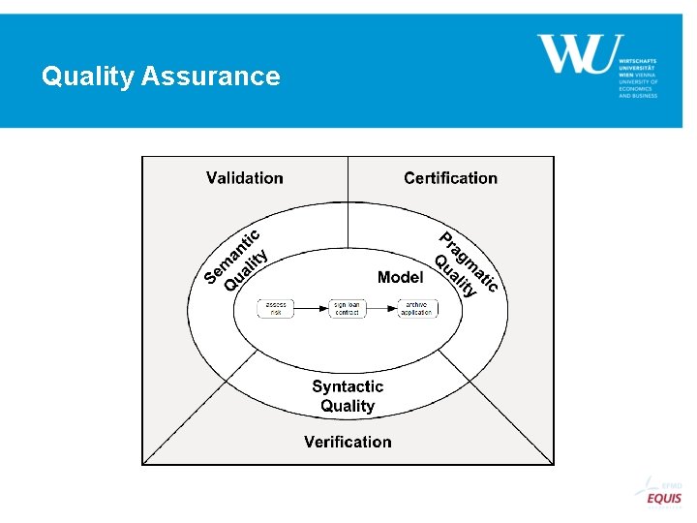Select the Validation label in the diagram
pos(245,178)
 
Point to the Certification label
pos(450,178)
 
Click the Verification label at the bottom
pos(348,442)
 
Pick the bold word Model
pos(400,277)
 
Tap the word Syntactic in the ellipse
pos(348,386)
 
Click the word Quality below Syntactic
pos(348,407)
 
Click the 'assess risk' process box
pos(276,309)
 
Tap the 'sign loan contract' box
pos(348,309)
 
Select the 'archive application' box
pos(417,309)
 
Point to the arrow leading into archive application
pos(382,309)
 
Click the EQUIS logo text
pos(664,499)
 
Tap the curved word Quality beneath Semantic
pos(246,270)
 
